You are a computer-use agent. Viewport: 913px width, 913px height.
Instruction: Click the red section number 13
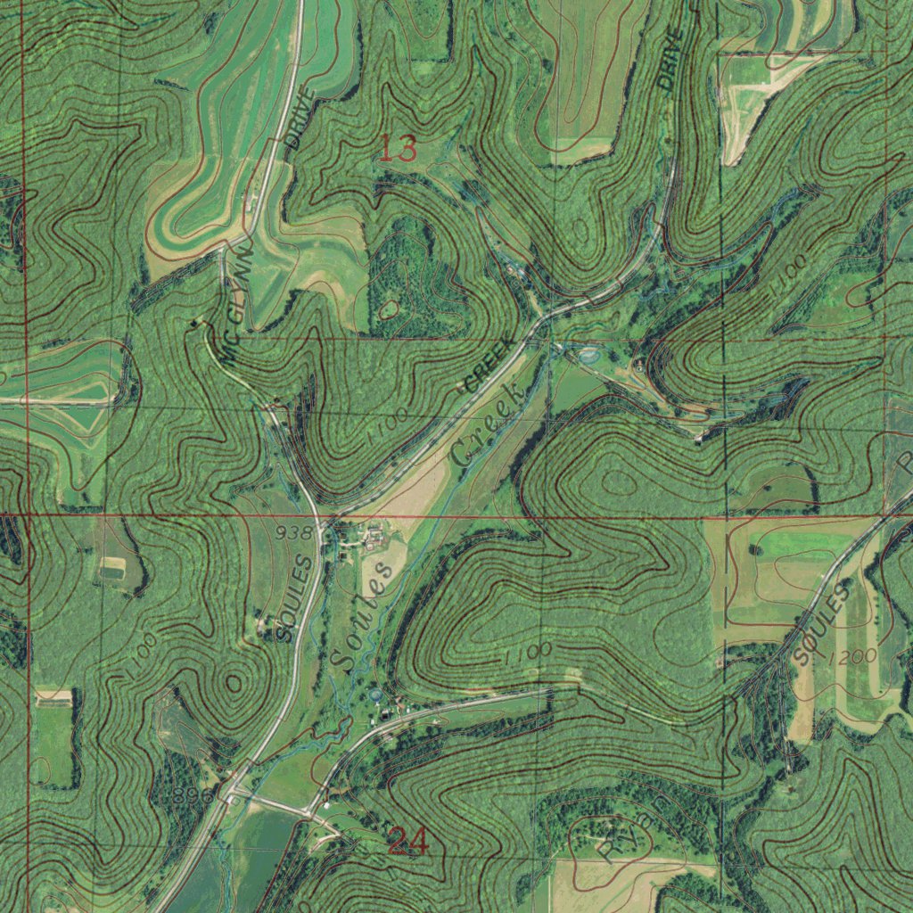tap(398, 148)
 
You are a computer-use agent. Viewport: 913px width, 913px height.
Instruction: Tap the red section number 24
tap(407, 841)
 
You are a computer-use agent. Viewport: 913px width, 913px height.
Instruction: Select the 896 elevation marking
tap(194, 795)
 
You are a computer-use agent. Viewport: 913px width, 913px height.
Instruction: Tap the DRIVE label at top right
tap(670, 59)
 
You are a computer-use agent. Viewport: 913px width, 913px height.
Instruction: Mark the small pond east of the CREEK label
tap(588, 356)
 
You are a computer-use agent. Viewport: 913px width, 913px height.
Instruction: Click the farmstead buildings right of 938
tap(370, 535)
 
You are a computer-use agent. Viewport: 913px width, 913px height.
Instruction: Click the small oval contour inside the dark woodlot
tap(389, 310)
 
